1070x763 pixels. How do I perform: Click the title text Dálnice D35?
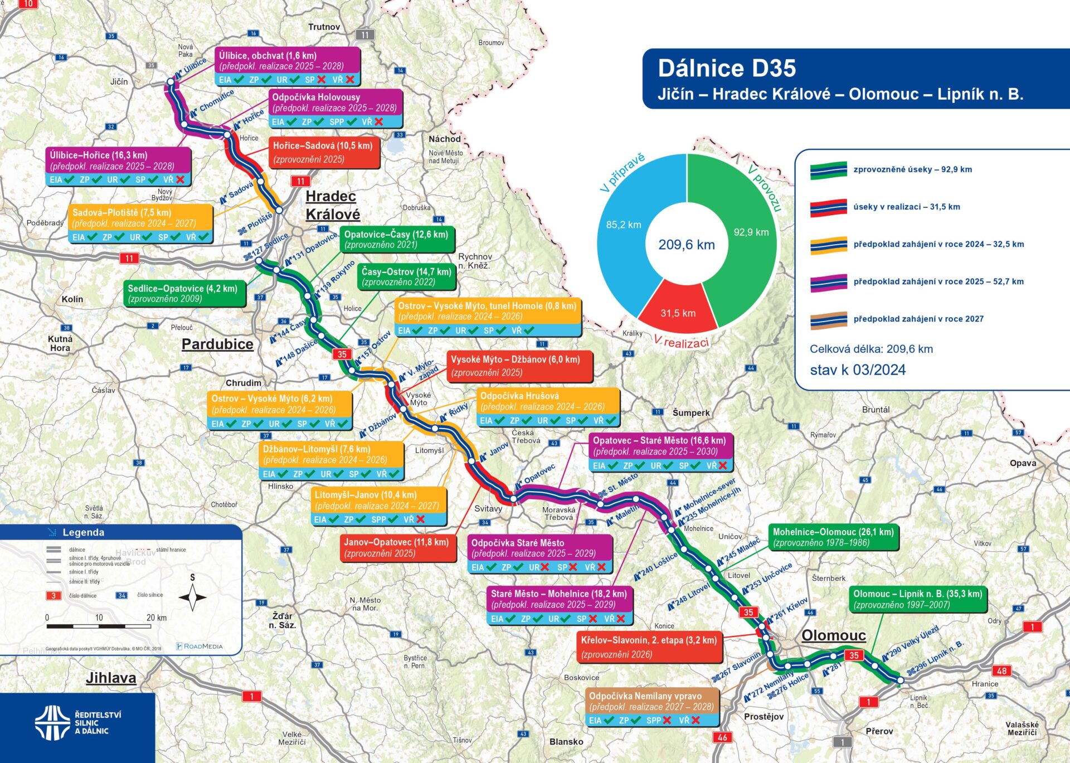(727, 68)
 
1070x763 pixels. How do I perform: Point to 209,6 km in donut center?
(687, 245)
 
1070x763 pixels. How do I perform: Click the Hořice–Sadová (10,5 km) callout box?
(323, 152)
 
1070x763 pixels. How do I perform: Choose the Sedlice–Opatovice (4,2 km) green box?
(183, 293)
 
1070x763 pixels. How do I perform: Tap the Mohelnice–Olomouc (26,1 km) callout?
(833, 537)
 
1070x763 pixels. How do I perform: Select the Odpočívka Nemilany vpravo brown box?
(651, 707)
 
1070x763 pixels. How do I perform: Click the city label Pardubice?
(217, 344)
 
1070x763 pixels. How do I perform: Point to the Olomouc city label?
(833, 635)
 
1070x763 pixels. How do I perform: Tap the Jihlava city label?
(111, 678)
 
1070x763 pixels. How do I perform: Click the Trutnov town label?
(324, 27)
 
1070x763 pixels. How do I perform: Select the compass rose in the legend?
(193, 597)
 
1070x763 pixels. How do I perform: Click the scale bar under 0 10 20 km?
(99, 626)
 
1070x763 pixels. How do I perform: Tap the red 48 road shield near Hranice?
(1001, 670)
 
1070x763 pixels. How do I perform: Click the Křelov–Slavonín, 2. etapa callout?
(649, 647)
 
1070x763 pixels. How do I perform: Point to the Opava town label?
(1023, 463)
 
